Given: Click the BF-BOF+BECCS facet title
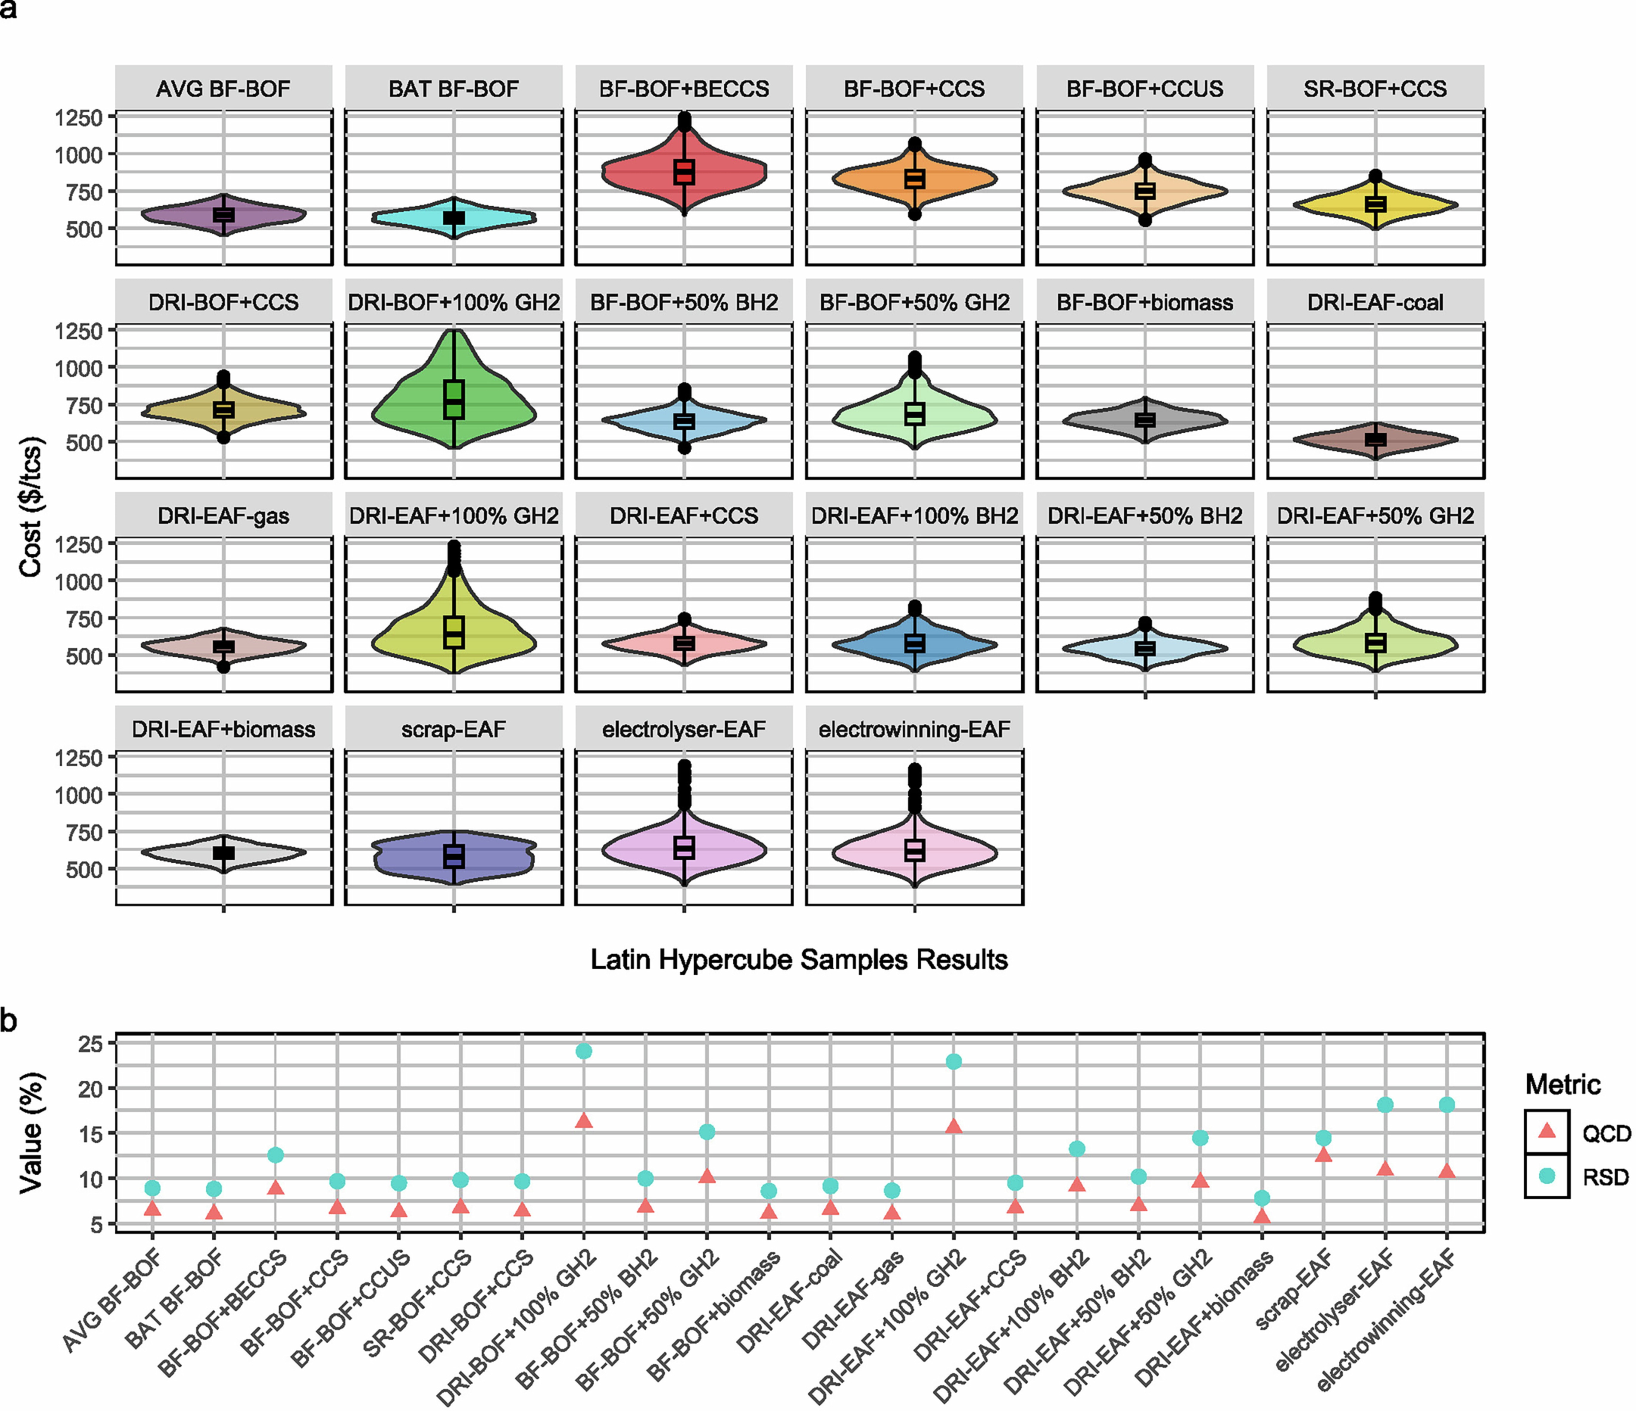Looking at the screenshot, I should coord(684,89).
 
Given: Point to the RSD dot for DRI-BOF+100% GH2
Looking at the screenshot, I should coord(584,1051).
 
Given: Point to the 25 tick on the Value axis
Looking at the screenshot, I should coord(91,1044).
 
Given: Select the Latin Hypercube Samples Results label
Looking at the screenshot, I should coord(799,960).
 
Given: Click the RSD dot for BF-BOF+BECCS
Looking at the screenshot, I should coord(276,1154).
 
